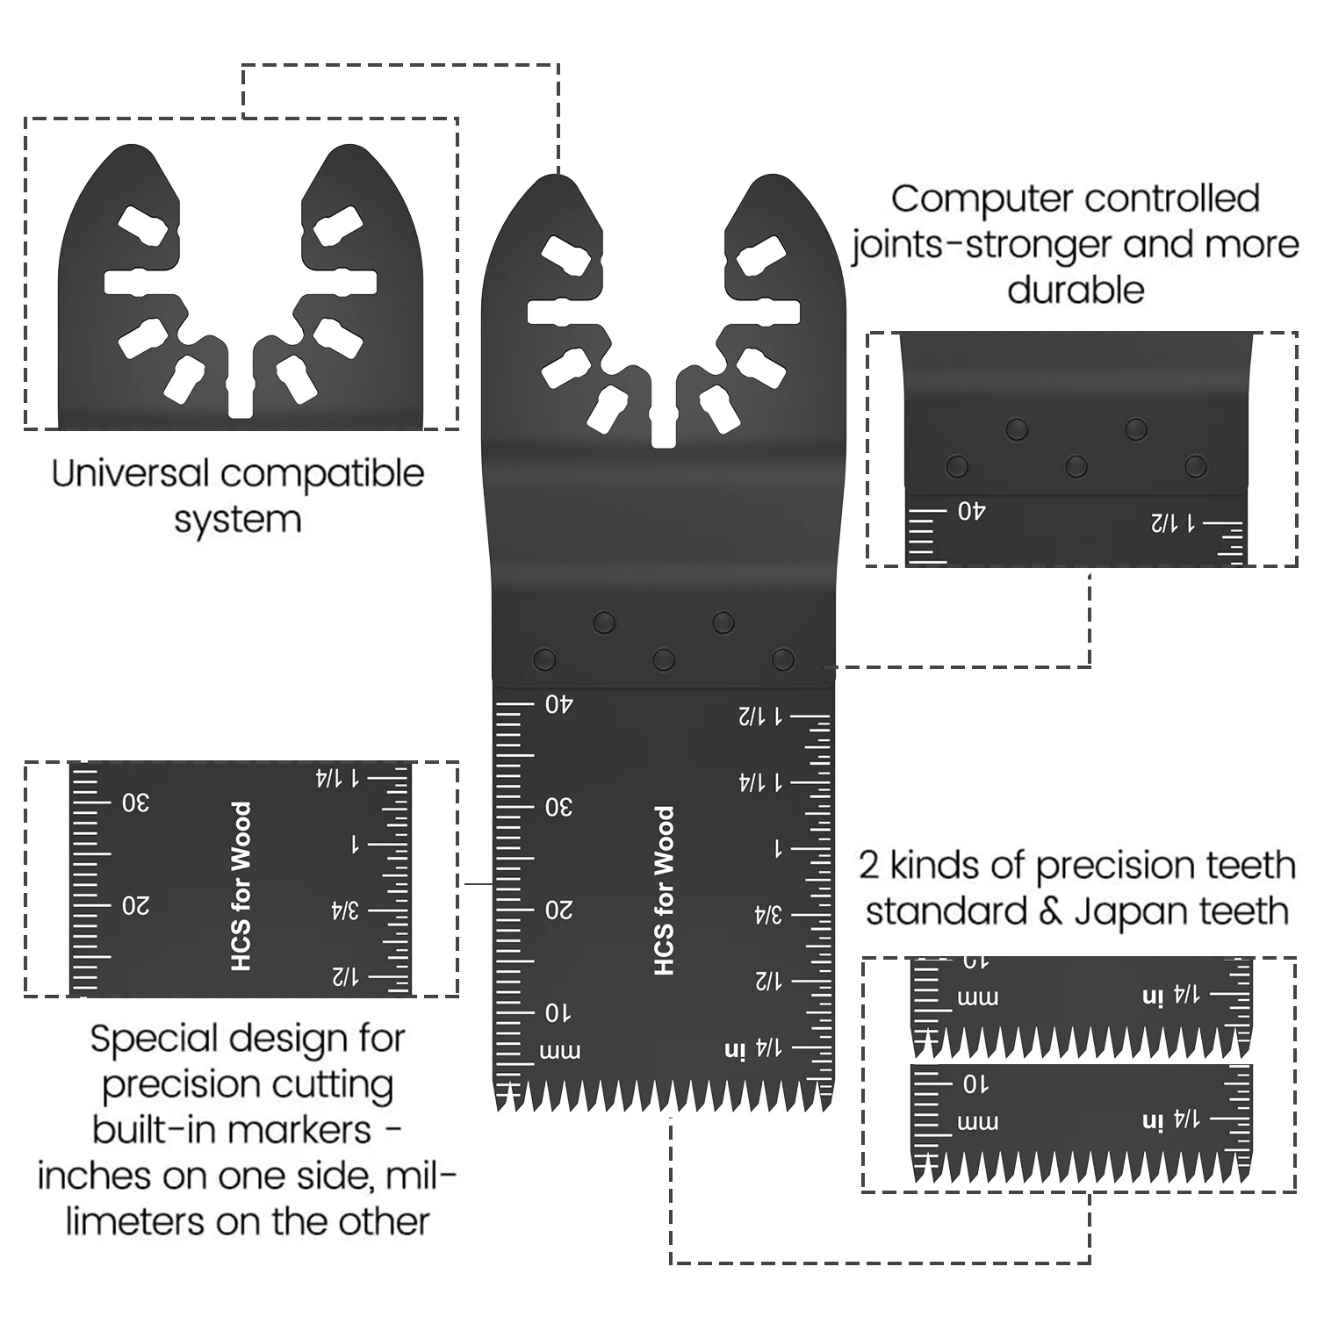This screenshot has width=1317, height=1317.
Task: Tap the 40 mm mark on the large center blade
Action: [x=558, y=704]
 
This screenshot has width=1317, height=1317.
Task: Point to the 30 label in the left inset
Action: [x=135, y=802]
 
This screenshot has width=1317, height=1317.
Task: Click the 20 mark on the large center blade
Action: [x=558, y=910]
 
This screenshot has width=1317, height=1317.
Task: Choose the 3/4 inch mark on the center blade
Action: [x=767, y=915]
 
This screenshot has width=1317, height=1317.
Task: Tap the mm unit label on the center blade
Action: [x=558, y=1051]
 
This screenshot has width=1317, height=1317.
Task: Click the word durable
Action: [x=1076, y=291]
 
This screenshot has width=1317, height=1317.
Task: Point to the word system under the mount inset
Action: [x=237, y=520]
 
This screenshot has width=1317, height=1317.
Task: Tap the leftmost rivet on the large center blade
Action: [x=544, y=658]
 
